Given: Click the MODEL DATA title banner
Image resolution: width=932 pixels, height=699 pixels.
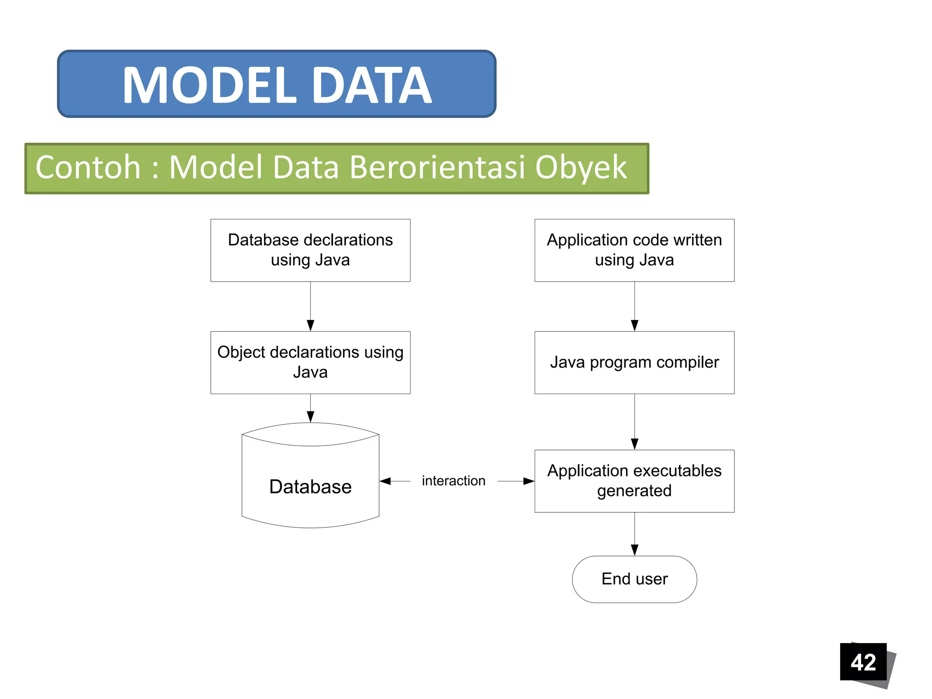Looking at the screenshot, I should [277, 84].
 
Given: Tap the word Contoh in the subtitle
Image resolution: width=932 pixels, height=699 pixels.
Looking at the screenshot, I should [88, 167].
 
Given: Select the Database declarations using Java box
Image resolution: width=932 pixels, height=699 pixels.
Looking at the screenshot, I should [310, 250].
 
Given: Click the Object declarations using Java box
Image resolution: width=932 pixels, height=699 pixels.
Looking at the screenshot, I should [310, 362].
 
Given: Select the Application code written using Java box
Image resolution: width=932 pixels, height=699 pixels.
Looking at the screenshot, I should [634, 250].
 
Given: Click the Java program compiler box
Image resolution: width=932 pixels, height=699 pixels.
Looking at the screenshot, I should [634, 362].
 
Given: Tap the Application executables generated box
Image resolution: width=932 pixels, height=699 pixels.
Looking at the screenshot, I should [634, 481].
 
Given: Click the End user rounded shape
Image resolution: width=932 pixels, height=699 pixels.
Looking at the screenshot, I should [634, 579].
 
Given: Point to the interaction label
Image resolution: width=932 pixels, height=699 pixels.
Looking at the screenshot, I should [453, 481].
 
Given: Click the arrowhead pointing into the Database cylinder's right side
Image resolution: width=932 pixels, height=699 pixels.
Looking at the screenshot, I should [385, 481].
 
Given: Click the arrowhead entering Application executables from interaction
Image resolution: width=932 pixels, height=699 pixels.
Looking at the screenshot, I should [529, 481].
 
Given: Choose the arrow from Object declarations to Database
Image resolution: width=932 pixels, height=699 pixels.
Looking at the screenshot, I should [310, 408].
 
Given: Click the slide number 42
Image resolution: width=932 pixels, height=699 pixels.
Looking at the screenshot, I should [863, 662].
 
